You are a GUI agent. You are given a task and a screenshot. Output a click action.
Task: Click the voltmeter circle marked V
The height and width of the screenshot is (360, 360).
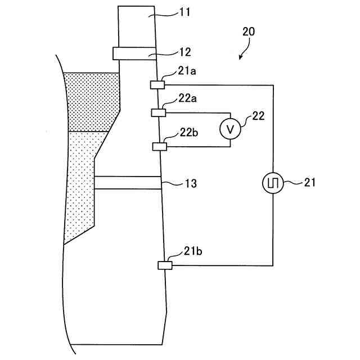coord(230,129)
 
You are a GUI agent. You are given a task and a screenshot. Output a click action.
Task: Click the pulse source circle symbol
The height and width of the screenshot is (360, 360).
coord(273,182)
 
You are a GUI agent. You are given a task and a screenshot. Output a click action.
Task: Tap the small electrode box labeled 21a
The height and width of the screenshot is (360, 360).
coord(157,85)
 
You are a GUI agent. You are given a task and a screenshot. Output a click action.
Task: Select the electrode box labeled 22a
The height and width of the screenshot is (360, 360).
coord(158,112)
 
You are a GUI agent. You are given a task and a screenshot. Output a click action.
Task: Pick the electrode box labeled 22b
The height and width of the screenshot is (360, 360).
coord(160,146)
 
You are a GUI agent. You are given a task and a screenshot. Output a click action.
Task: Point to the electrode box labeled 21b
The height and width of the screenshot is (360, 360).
coord(165,265)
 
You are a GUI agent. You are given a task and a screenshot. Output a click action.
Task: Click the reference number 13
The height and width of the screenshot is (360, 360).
coord(190,183)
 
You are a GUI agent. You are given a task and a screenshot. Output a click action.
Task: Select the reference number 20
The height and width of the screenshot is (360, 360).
coord(248,31)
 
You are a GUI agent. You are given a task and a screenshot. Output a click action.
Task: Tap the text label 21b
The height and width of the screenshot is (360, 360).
coord(193,252)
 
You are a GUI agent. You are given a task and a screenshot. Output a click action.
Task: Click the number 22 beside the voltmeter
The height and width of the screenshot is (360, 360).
coord(259,116)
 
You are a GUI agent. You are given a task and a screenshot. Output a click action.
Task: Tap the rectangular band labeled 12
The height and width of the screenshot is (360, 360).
coord(133,53)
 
